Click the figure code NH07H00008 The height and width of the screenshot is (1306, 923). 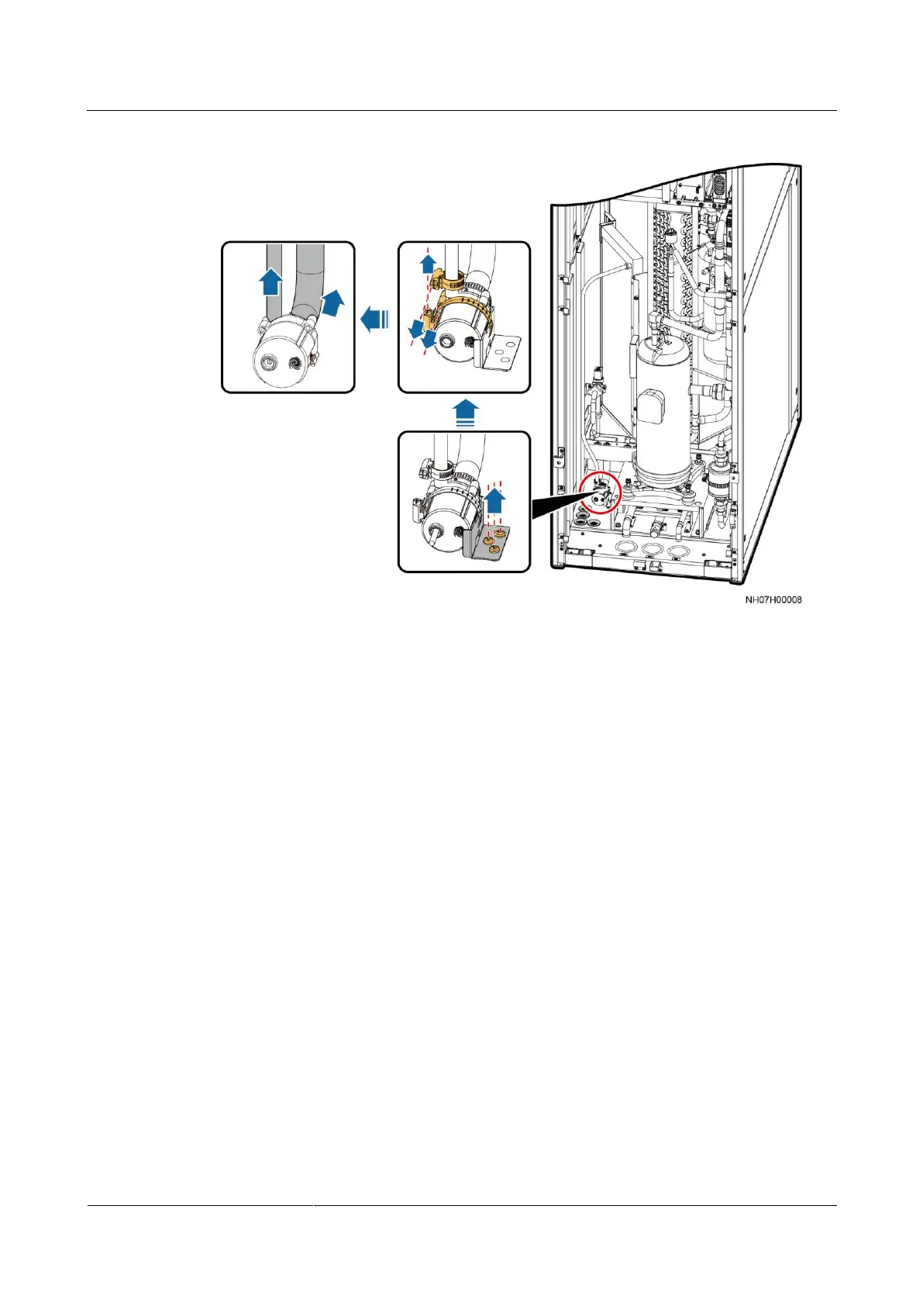pyautogui.click(x=773, y=599)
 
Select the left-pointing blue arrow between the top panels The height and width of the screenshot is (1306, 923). pyautogui.click(x=375, y=319)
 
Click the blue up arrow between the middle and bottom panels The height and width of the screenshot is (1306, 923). pyautogui.click(x=464, y=413)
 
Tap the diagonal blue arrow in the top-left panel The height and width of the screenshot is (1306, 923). pyautogui.click(x=331, y=302)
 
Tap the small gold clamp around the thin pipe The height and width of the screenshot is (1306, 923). pyautogui.click(x=447, y=275)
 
